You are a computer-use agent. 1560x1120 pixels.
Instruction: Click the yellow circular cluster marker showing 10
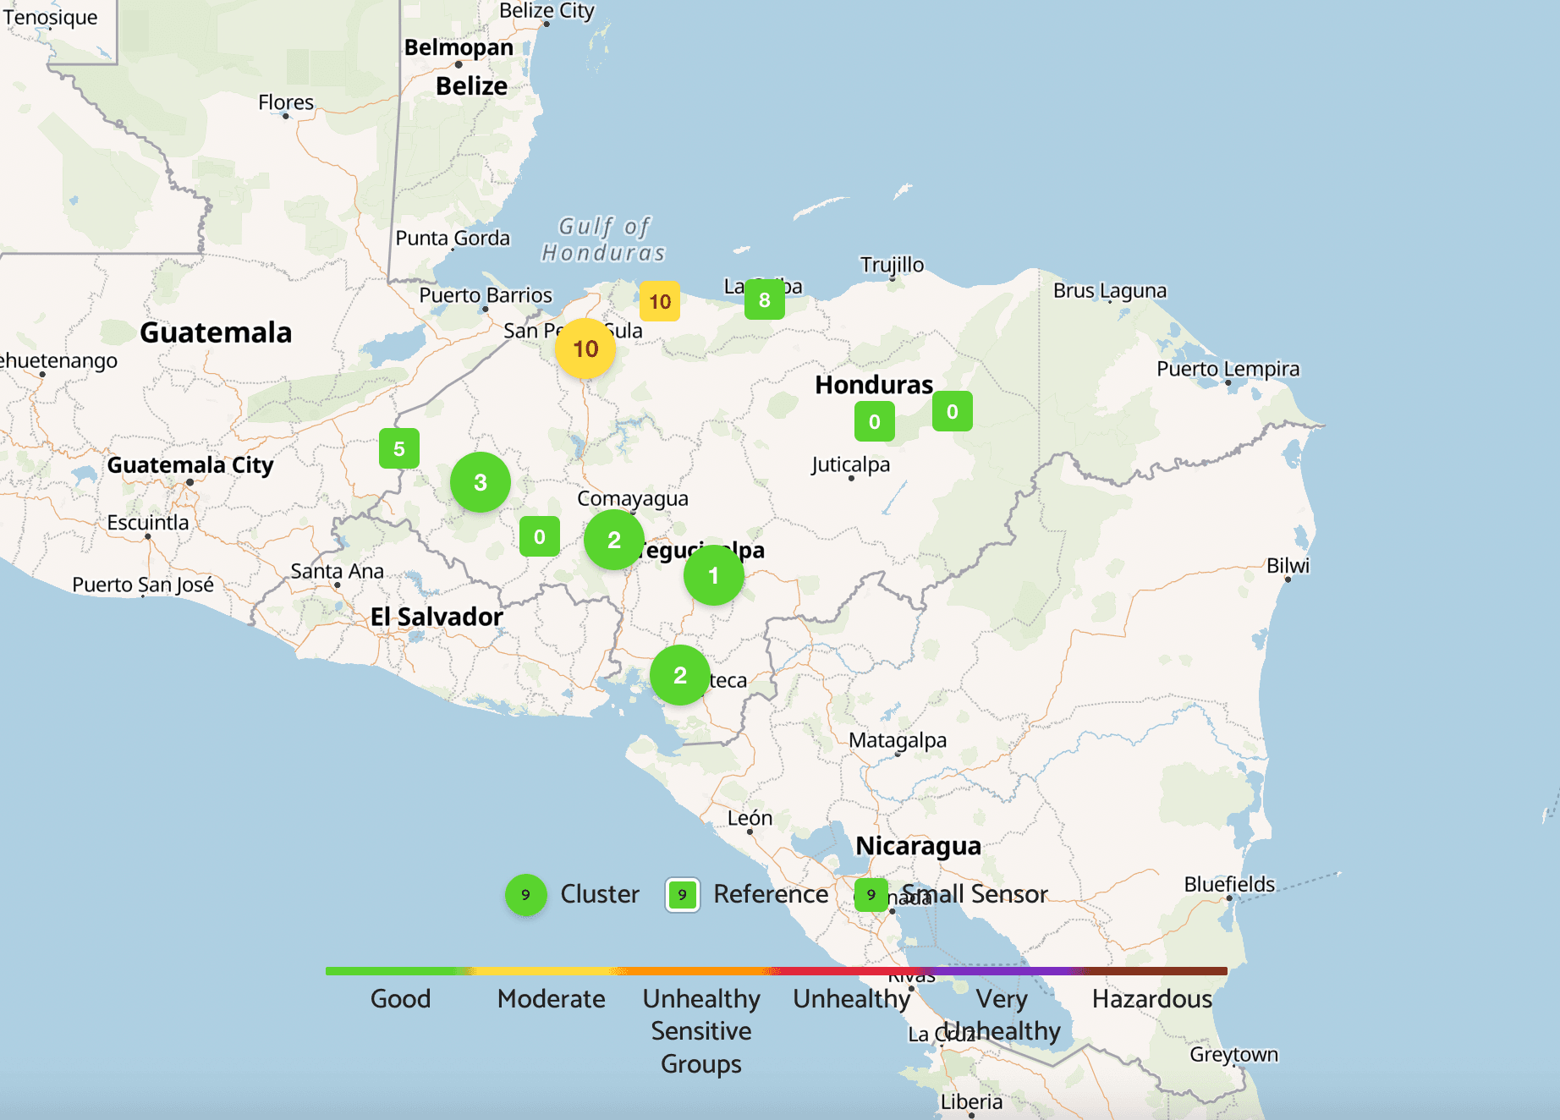[x=585, y=349]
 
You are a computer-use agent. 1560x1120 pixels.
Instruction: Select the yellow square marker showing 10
[x=660, y=301]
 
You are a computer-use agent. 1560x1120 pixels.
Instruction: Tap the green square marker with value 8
[x=764, y=299]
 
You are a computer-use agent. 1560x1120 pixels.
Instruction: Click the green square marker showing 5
[x=399, y=448]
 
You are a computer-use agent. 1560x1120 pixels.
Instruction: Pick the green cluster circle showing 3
[x=481, y=482]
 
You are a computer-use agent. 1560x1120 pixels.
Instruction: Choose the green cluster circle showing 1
[x=713, y=575]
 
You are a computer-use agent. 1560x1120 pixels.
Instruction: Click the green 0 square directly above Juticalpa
[x=875, y=421]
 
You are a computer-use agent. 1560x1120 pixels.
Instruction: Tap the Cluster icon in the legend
[x=525, y=894]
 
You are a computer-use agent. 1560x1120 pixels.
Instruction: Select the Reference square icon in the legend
[x=682, y=894]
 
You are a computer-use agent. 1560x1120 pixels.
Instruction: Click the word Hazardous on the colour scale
[x=1151, y=999]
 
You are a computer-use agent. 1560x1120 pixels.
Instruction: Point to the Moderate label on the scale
[x=551, y=999]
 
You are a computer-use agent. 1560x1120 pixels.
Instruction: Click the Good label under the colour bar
[x=400, y=999]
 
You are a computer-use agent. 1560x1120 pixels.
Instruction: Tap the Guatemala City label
[x=190, y=465]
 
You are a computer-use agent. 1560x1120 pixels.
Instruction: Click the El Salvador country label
[x=437, y=617]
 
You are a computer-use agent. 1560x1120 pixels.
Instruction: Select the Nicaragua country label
[x=918, y=846]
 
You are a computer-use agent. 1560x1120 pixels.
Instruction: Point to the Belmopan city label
[x=459, y=47]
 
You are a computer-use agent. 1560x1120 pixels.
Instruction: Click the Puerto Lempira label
[x=1228, y=369]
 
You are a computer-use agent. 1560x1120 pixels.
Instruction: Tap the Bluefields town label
[x=1229, y=884]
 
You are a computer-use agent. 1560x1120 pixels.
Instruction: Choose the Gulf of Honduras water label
[x=603, y=239]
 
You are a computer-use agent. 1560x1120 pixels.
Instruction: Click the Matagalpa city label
[x=898, y=740]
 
